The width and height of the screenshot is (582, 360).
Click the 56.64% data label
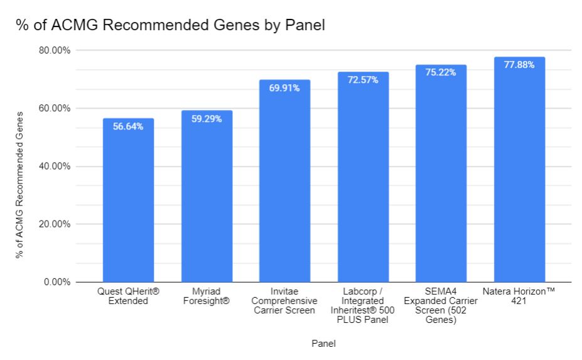coord(128,126)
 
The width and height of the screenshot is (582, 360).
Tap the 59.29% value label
coord(207,119)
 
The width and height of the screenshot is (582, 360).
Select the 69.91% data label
coord(284,88)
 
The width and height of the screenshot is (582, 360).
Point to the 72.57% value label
coord(363,80)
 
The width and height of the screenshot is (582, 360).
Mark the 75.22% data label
coord(441,72)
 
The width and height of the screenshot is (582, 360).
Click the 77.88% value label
coord(519,65)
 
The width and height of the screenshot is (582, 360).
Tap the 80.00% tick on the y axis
coord(53,50)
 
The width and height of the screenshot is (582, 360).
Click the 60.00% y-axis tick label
coord(53,108)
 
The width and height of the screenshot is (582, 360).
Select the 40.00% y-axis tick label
coord(53,166)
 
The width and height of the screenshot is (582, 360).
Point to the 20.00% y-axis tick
coord(53,224)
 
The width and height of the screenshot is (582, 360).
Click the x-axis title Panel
coord(323,344)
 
